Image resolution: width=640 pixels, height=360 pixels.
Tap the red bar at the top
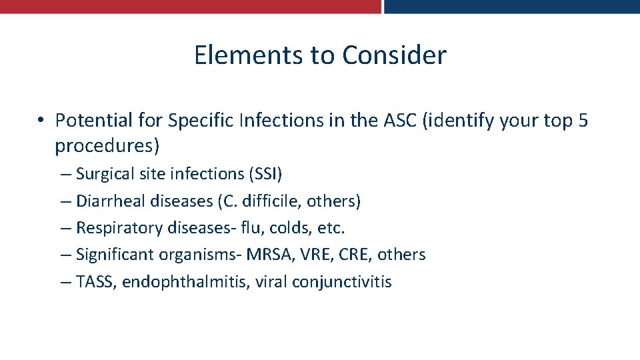(190, 6)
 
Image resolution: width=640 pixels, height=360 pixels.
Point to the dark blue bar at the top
(511, 6)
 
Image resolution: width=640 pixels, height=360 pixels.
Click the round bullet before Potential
(41, 121)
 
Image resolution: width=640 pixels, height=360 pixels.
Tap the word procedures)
(107, 145)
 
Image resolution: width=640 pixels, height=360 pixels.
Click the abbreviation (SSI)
(265, 174)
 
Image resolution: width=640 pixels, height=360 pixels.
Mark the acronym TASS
(95, 282)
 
